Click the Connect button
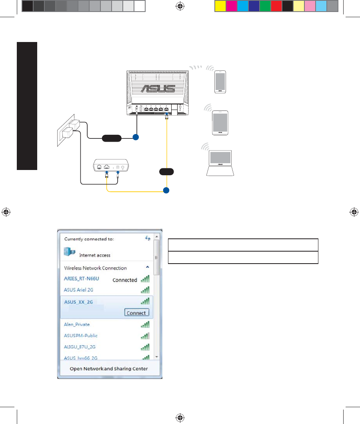[x=136, y=313]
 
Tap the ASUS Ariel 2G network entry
[x=78, y=290]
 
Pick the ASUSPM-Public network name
[x=81, y=336]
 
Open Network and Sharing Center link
[x=109, y=368]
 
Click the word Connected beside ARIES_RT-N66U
[x=125, y=280]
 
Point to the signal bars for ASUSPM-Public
[x=145, y=336]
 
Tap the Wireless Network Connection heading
[x=95, y=268]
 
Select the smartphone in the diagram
[x=220, y=82]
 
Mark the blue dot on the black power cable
[x=136, y=138]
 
